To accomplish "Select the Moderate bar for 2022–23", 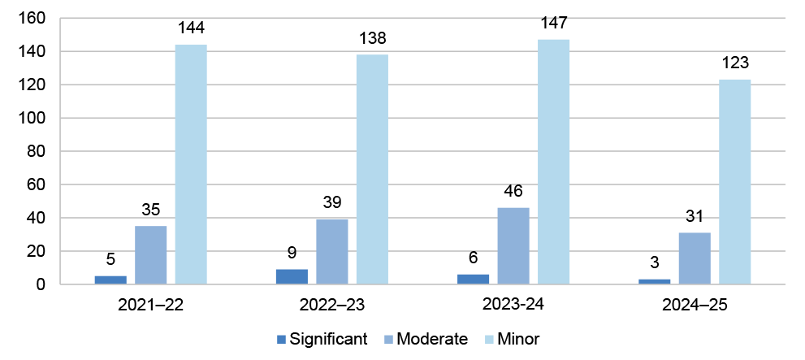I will pyautogui.click(x=332, y=252).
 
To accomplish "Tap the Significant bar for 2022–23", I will pyautogui.click(x=292, y=276).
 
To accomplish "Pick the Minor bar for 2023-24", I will pyautogui.click(x=553, y=162).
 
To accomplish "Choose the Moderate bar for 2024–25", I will pyautogui.click(x=695, y=258).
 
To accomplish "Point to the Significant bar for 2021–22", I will pyautogui.click(x=110, y=280).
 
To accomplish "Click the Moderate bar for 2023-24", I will pyautogui.click(x=513, y=246).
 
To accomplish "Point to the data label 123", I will pyautogui.click(x=734, y=63).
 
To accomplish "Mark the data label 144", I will pyautogui.click(x=191, y=28).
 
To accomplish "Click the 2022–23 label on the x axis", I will pyautogui.click(x=332, y=306).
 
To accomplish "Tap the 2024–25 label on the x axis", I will pyautogui.click(x=695, y=306).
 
